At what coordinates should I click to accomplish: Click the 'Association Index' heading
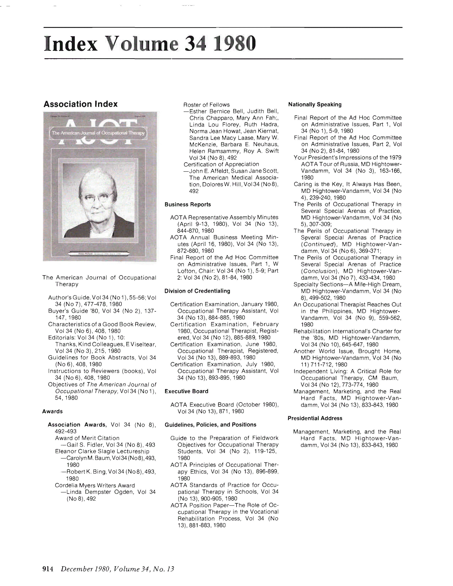tap(80, 104)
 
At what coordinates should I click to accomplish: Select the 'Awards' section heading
tap(52, 411)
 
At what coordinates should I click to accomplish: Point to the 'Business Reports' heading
tap(188, 204)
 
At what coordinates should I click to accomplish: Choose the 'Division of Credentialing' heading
tap(197, 291)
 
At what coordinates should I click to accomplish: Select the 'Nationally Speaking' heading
tap(314, 104)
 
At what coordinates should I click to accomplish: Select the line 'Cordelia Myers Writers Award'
tap(95, 485)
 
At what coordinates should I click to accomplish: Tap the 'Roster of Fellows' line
tap(206, 105)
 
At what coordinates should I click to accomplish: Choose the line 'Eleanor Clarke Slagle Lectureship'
tap(102, 452)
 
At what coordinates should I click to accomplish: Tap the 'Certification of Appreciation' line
tap(221, 164)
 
